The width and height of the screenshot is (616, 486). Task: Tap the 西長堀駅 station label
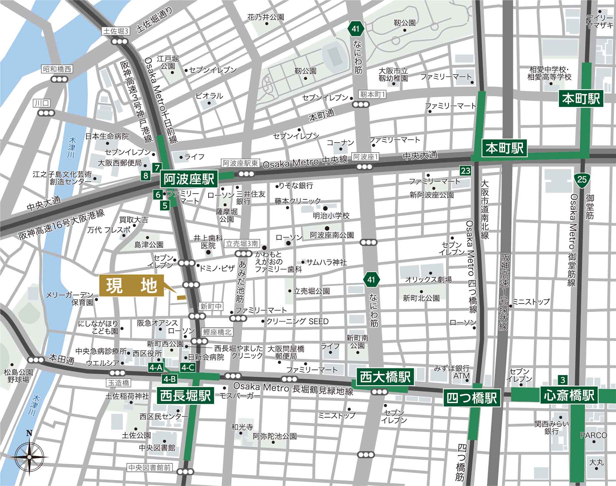(x=186, y=396)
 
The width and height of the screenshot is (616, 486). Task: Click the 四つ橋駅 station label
(x=472, y=398)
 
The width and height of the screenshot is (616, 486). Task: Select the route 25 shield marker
(x=582, y=180)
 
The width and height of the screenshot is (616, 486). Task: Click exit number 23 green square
(x=465, y=171)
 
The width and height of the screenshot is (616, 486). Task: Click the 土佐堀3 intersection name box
(x=116, y=31)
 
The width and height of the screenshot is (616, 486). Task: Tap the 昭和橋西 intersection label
(x=57, y=69)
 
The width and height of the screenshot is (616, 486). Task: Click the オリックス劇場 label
(x=428, y=279)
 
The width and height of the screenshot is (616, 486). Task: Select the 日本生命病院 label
(x=107, y=136)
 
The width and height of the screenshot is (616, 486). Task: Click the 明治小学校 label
(x=331, y=216)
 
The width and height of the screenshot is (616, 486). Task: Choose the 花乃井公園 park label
(x=266, y=17)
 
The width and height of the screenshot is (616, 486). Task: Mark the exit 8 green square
(x=145, y=175)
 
